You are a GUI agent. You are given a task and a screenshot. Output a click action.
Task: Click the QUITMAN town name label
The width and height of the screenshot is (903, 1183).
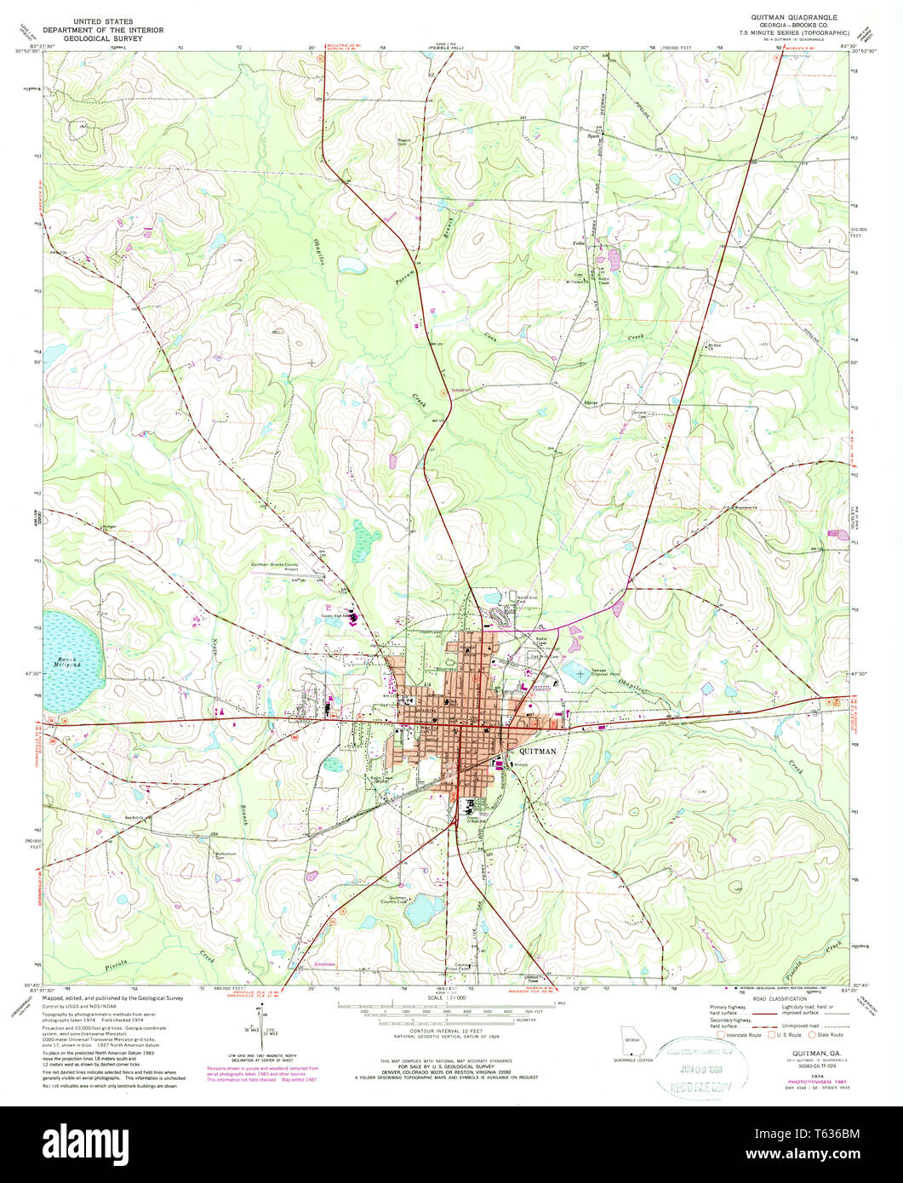538,752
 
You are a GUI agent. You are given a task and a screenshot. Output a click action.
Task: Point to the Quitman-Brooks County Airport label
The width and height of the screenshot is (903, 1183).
286,566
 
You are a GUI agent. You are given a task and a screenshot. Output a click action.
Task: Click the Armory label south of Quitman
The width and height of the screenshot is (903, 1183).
521,765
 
